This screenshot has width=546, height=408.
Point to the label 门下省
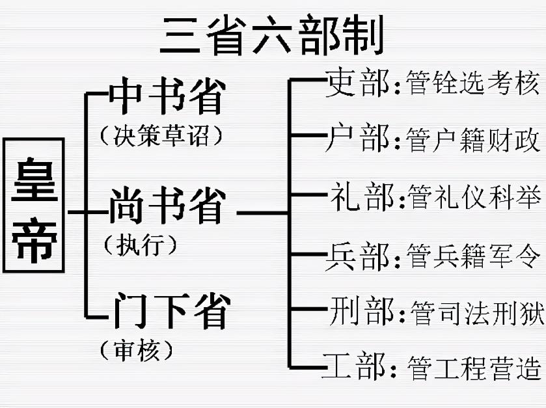(169, 311)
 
